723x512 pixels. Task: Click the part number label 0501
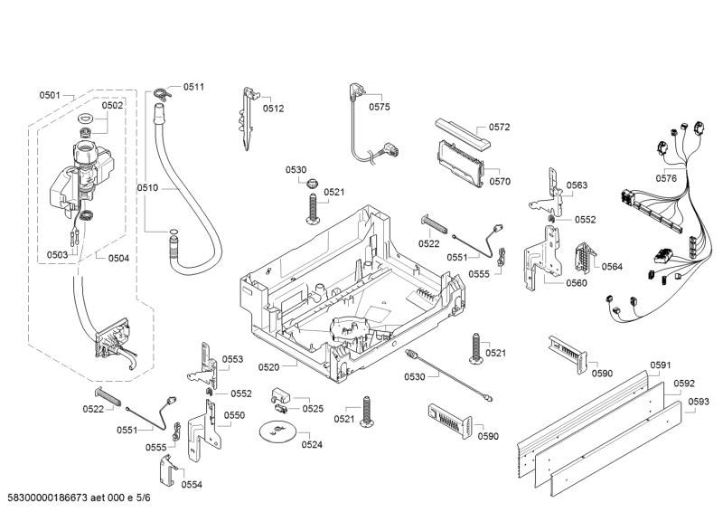[x=50, y=95]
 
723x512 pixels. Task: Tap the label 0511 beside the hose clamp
[x=193, y=87]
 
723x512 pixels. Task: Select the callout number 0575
[x=380, y=106]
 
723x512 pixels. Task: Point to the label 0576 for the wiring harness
[x=666, y=178]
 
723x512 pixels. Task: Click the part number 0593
[x=698, y=402]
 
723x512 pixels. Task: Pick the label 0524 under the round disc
[x=312, y=444]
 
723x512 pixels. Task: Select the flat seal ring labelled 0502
[x=87, y=120]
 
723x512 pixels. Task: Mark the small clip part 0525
[x=281, y=399]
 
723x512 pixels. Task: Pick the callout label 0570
[x=501, y=181]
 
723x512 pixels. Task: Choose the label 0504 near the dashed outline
[x=117, y=258]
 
